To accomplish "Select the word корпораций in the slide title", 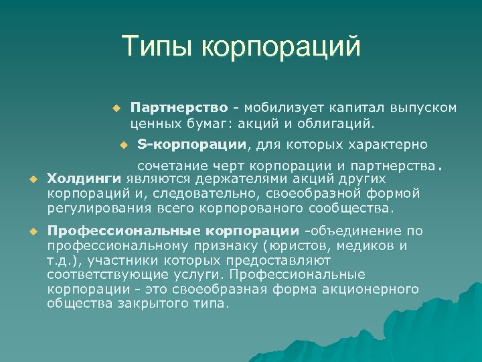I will (x=281, y=48).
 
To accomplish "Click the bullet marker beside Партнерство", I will (x=115, y=108).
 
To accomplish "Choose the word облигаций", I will (x=341, y=123).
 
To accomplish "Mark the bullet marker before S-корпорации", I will (x=122, y=144).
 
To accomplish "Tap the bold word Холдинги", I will (x=83, y=179).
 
